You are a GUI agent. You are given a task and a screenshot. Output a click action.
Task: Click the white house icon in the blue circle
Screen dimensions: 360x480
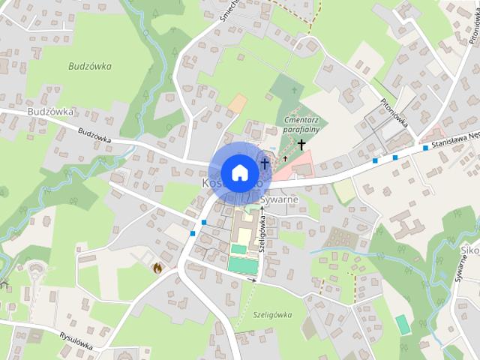click(239, 172)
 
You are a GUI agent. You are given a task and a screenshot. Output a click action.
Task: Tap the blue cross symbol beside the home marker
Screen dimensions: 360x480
click(264, 163)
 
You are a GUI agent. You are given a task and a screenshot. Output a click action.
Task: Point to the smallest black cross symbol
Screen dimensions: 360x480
click(285, 158)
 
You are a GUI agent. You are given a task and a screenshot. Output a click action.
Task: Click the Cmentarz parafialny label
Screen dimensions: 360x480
click(302, 124)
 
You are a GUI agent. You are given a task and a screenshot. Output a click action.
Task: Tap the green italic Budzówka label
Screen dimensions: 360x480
click(88, 66)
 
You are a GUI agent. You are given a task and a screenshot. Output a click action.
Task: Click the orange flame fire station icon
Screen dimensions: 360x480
click(157, 267)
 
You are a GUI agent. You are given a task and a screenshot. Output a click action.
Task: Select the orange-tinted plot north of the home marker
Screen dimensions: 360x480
click(237, 103)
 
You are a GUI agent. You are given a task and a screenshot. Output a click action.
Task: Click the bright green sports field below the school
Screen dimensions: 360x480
click(241, 265)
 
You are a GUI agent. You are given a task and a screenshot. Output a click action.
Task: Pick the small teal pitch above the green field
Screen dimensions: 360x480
click(238, 249)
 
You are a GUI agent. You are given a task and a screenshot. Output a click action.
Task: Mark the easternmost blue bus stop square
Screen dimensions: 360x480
click(425, 148)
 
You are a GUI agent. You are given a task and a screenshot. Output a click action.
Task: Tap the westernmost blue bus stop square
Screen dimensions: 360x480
click(193, 234)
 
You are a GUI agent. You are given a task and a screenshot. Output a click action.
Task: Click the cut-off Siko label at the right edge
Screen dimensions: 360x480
click(470, 250)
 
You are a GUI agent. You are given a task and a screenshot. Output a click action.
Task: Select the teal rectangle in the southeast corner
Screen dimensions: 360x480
click(403, 324)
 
